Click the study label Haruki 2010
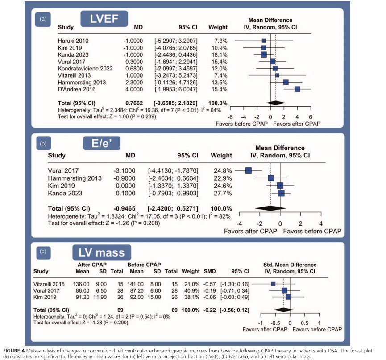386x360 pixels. click(73, 41)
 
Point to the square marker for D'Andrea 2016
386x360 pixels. click(297, 89)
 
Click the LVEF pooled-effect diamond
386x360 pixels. click(275, 102)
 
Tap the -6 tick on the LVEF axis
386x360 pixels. click(231, 116)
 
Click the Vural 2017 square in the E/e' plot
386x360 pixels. click(249, 170)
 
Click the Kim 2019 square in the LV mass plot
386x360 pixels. click(288, 296)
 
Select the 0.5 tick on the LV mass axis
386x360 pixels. click(304, 323)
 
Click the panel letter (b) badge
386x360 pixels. click(44, 144)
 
